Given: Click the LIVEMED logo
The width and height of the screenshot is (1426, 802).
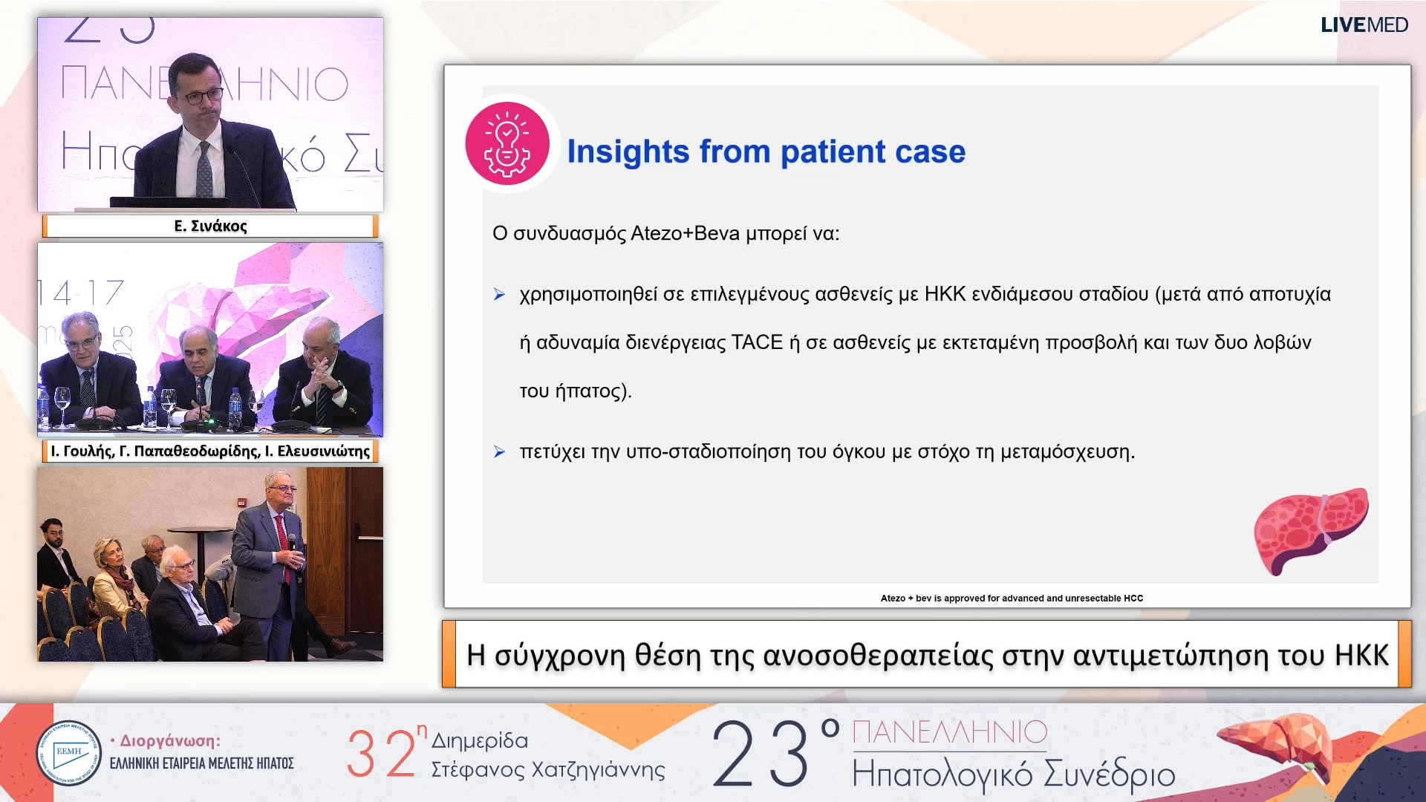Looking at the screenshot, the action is [x=1364, y=25].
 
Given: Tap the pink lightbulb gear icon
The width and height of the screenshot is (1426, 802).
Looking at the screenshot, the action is [x=507, y=143].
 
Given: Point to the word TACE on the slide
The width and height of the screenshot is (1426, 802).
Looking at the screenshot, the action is [x=757, y=342].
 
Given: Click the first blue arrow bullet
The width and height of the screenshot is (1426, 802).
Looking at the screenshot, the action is [x=499, y=295].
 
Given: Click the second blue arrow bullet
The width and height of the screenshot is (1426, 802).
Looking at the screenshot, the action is [x=499, y=451].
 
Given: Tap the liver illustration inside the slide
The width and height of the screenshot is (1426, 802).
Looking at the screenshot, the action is [x=1311, y=530].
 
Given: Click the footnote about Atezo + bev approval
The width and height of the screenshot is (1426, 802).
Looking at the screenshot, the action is [x=1012, y=598].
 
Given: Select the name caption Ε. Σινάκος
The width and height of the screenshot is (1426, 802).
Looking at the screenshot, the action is [x=210, y=226].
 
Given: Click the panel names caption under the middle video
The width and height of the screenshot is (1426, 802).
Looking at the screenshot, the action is [x=210, y=451].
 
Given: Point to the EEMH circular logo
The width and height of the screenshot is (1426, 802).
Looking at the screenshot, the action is [x=68, y=753].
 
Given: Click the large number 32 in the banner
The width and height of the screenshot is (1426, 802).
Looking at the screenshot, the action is [x=381, y=754].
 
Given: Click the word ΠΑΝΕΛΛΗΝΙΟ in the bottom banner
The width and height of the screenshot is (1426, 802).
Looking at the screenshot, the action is [x=950, y=732].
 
